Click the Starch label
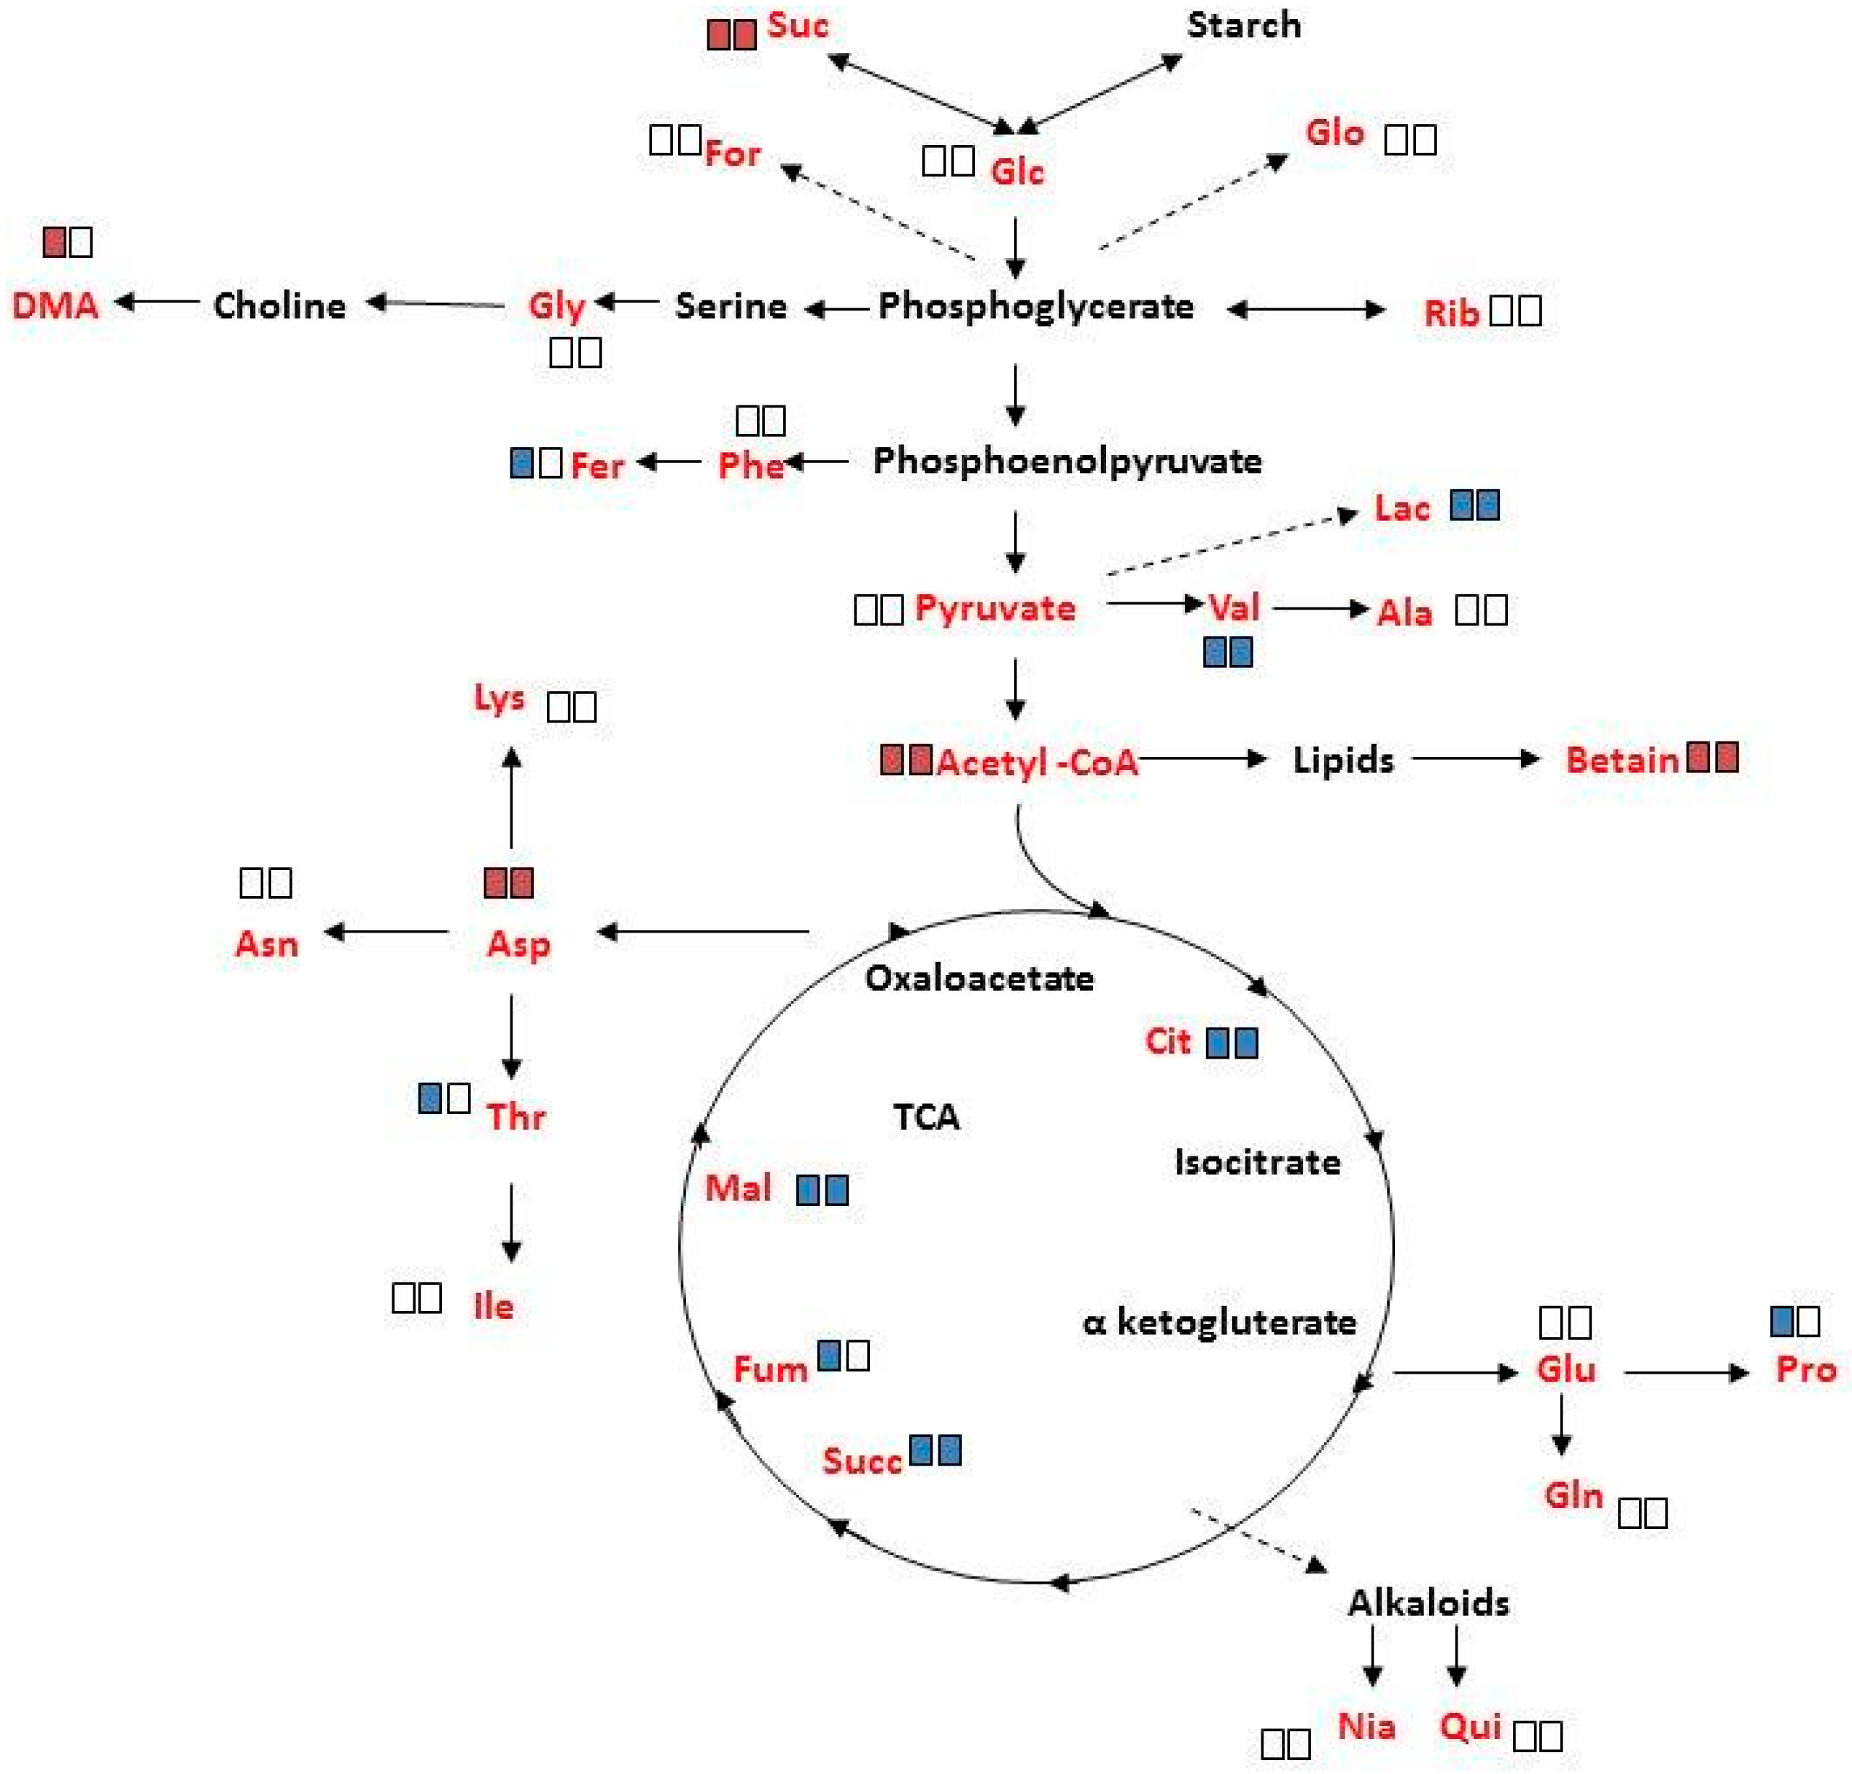tap(1243, 26)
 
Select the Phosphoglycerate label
tap(1035, 306)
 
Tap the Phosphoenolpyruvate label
tap(1067, 462)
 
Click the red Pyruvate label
tap(995, 607)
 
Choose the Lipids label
tap(1343, 760)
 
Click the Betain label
tap(1622, 760)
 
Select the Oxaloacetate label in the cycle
tap(979, 979)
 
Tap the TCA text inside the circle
tap(926, 1117)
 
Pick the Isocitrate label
tap(1258, 1162)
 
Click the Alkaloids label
tap(1428, 1603)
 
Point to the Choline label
tap(280, 306)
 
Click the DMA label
tap(55, 306)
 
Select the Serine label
tap(731, 306)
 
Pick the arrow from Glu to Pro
tap(1686, 1372)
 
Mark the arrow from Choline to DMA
tap(157, 303)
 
